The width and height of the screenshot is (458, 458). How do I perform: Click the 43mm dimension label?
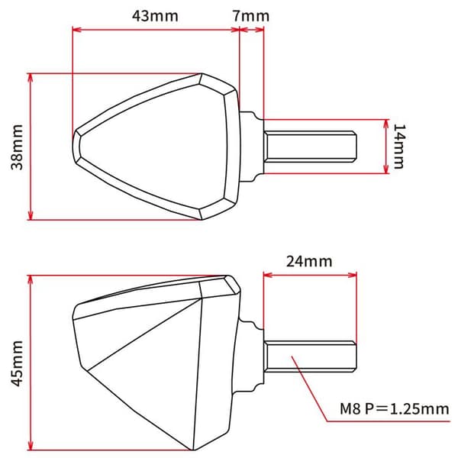(155, 16)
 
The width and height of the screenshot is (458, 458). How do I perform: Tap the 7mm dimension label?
(251, 16)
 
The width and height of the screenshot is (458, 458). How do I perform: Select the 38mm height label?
(17, 147)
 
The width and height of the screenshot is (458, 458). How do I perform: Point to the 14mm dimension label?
(399, 147)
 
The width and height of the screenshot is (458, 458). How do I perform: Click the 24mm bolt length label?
(309, 261)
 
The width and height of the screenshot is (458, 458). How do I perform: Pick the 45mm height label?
(17, 363)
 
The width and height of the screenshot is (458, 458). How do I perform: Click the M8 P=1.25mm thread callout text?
(395, 408)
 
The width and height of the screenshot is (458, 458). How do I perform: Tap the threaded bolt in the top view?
(310, 147)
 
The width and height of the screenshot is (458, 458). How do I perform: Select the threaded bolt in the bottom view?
(310, 356)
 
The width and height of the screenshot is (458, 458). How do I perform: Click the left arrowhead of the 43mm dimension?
(76, 30)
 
